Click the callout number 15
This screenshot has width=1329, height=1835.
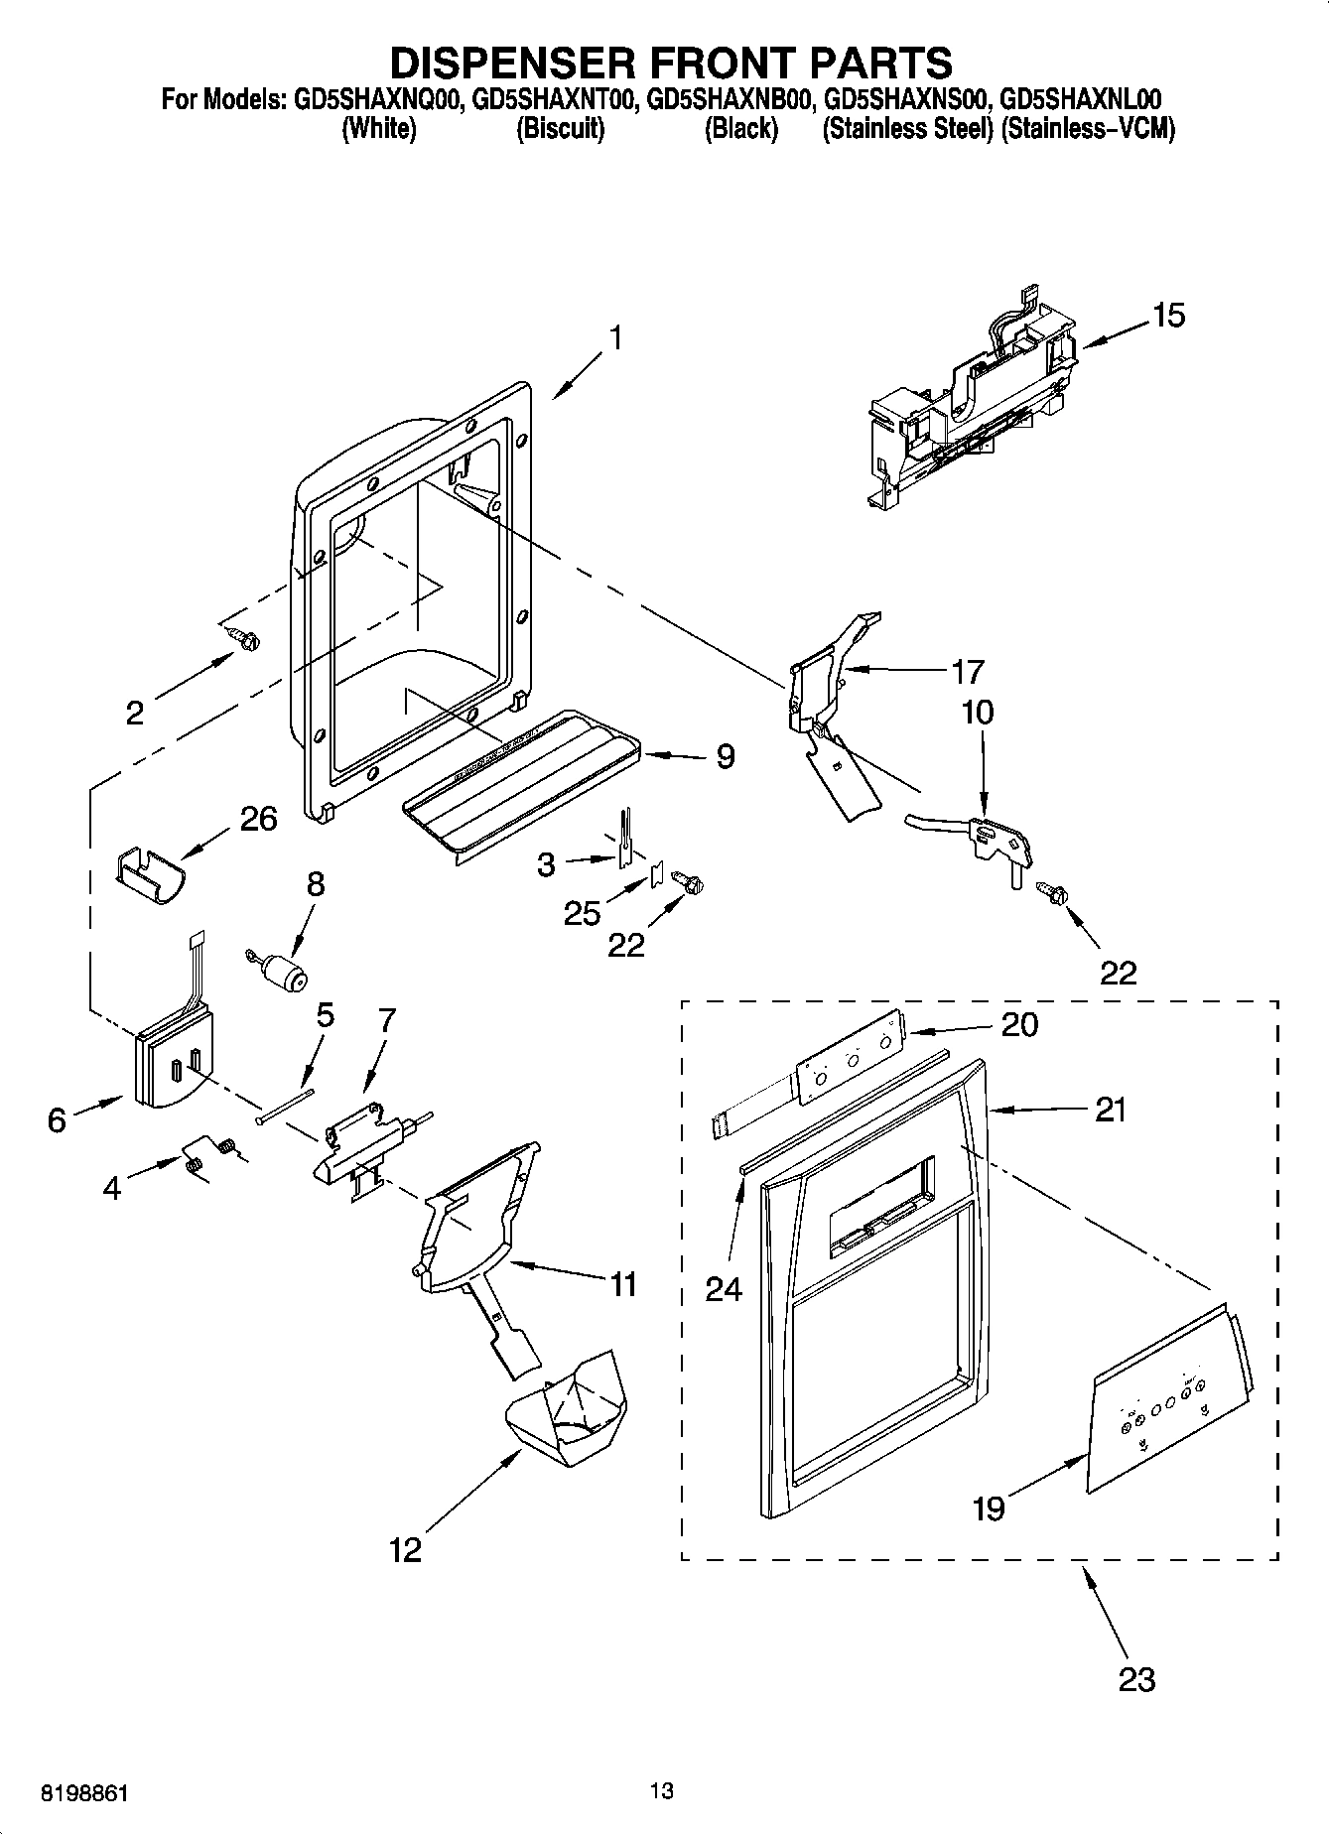(x=1168, y=316)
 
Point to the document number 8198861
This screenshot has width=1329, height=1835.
(x=84, y=1794)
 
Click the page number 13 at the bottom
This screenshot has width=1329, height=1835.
(x=662, y=1791)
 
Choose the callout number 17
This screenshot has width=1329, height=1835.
(x=967, y=672)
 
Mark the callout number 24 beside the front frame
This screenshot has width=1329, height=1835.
(x=724, y=1289)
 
